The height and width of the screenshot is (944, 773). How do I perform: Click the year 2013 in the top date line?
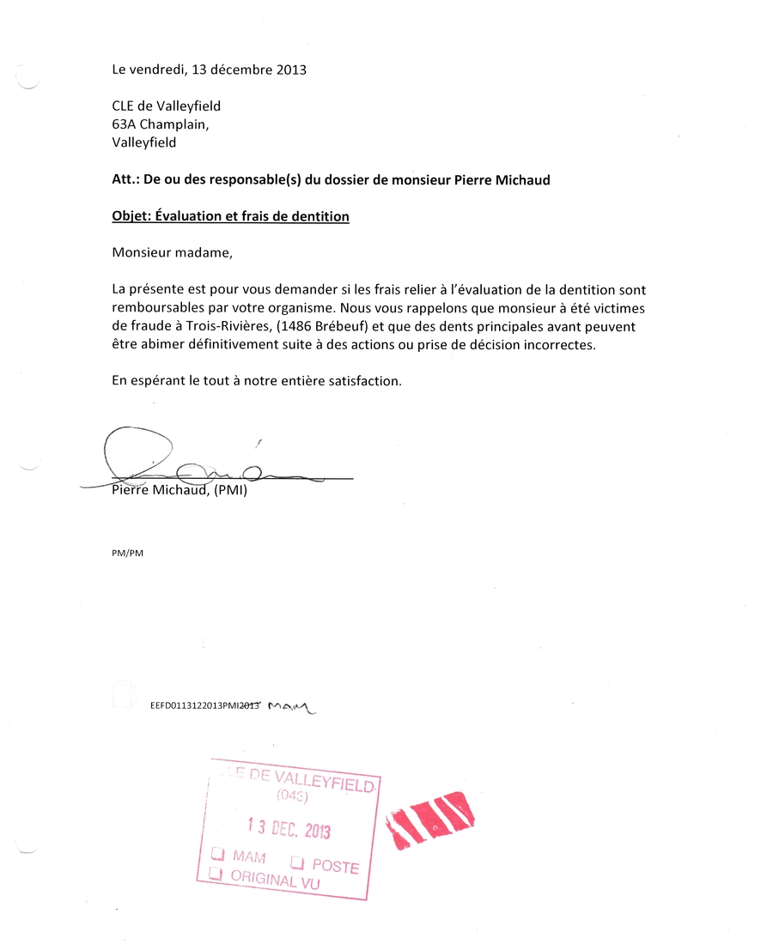(292, 70)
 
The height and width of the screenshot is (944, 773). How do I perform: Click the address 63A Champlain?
(160, 124)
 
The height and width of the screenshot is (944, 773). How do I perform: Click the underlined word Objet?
(131, 217)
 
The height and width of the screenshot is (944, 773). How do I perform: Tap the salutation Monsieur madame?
(172, 252)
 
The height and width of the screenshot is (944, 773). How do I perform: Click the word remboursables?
(155, 307)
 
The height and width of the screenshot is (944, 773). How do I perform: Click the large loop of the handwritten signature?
(137, 448)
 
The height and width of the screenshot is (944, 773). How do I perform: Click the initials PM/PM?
(128, 554)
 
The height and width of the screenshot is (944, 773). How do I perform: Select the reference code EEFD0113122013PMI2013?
(204, 706)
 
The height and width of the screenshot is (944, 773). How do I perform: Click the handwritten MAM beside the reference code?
(292, 707)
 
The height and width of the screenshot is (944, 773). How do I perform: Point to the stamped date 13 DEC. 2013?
(289, 828)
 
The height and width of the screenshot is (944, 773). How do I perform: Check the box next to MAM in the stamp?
(218, 855)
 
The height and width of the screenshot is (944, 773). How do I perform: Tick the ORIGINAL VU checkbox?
(216, 874)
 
